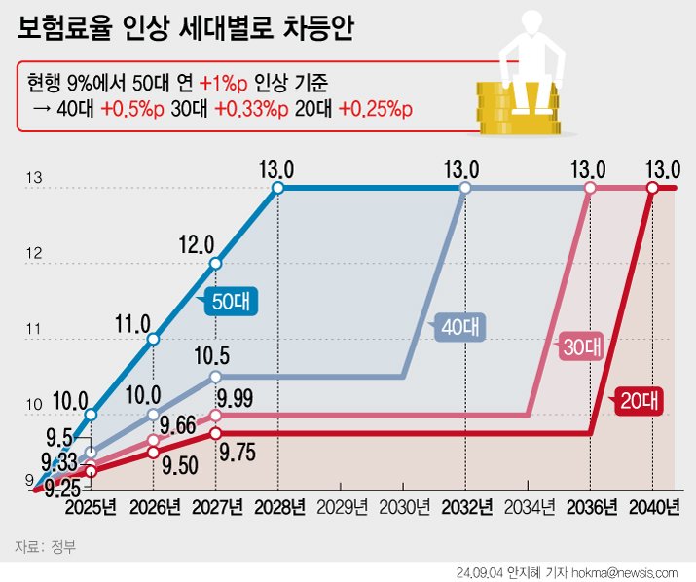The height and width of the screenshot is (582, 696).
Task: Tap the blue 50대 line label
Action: click(231, 303)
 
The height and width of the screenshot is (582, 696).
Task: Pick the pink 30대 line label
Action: click(582, 346)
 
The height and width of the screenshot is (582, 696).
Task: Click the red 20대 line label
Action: click(638, 400)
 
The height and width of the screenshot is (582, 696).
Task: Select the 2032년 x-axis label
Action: click(464, 507)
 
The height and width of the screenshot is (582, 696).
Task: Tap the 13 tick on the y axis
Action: click(34, 178)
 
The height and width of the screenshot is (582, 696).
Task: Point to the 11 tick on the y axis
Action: click(34, 330)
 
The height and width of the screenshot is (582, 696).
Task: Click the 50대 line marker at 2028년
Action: click(278, 187)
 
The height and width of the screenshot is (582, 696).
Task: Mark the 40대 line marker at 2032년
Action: click(464, 187)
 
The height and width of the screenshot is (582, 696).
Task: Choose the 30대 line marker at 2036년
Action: click(589, 187)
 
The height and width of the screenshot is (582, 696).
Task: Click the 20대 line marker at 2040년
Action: click(652, 187)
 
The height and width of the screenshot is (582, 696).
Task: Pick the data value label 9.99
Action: click(235, 396)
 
